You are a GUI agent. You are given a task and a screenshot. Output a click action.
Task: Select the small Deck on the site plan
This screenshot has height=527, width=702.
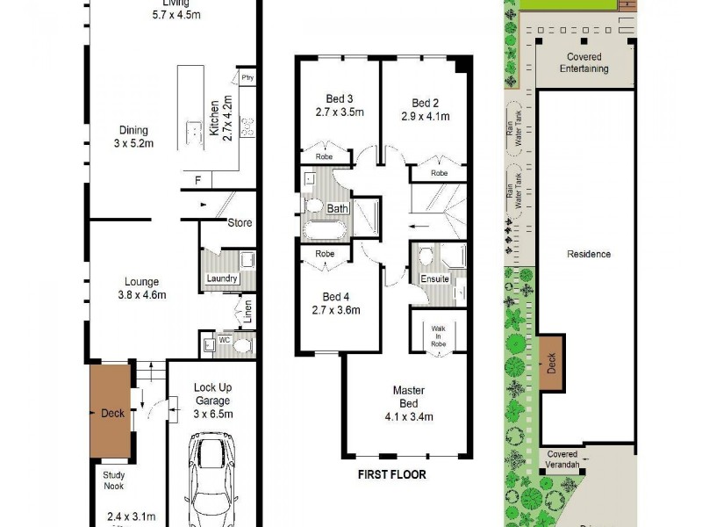[x=552, y=364]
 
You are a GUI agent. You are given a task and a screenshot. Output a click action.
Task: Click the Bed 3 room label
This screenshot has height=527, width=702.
[x=339, y=98]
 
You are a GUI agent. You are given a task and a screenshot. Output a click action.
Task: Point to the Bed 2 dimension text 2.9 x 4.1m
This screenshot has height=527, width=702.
[x=426, y=116]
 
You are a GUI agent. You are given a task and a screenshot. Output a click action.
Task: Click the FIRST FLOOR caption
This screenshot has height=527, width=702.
[x=391, y=475]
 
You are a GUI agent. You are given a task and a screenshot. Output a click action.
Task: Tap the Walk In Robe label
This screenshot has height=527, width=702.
[x=438, y=336]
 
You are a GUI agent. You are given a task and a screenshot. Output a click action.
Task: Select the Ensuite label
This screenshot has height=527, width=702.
[x=434, y=279]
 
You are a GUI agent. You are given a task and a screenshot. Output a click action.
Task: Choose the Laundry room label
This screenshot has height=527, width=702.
[x=222, y=279]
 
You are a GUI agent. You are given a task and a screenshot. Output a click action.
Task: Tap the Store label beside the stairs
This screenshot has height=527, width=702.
[x=240, y=223]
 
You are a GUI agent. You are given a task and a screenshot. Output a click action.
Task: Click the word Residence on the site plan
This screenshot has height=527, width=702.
[x=588, y=255]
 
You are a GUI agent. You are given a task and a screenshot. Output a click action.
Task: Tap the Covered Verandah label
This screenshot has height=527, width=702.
[x=562, y=460]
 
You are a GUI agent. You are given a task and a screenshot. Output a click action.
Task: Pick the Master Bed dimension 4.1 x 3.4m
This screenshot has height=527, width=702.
[x=403, y=417]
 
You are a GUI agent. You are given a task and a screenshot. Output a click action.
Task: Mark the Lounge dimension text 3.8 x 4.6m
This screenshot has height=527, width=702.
[x=141, y=295]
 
